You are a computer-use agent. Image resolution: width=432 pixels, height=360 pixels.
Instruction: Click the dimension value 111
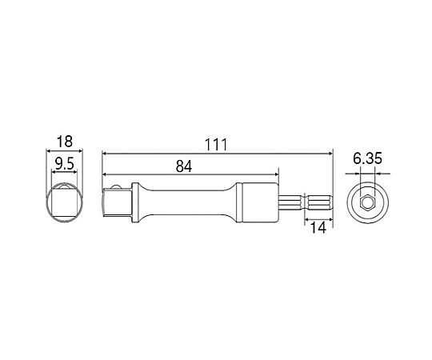pyautogui.click(x=216, y=145)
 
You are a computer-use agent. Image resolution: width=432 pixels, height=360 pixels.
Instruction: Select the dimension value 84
pyautogui.click(x=184, y=166)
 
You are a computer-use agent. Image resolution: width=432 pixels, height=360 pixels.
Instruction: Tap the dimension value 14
pyautogui.click(x=318, y=228)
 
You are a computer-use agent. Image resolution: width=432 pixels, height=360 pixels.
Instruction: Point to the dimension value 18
pyautogui.click(x=65, y=142)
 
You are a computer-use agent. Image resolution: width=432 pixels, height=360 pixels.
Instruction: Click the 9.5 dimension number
pyautogui.click(x=65, y=165)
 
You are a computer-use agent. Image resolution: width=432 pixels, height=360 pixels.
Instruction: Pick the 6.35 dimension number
pyautogui.click(x=367, y=158)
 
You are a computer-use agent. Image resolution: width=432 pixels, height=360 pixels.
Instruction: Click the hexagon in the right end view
pyautogui.click(x=367, y=202)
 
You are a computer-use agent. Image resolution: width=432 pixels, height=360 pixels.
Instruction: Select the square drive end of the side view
pyautogui.click(x=117, y=202)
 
